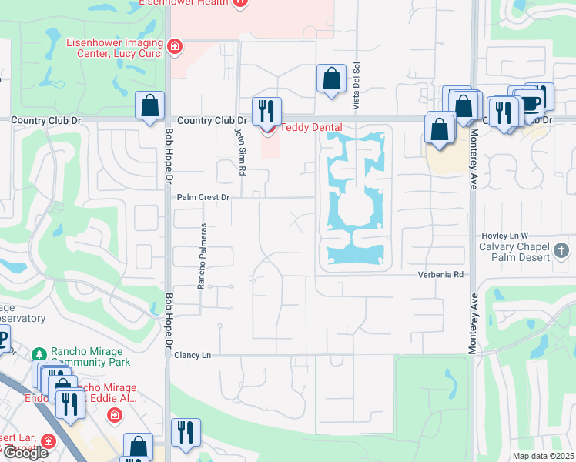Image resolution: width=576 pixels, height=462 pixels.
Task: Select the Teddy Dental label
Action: [x=310, y=127]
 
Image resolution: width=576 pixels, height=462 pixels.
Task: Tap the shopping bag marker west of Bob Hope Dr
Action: [x=149, y=105]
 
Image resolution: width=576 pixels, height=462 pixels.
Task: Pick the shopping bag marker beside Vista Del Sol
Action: [x=331, y=79]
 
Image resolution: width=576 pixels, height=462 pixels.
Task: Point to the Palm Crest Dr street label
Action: [x=203, y=197]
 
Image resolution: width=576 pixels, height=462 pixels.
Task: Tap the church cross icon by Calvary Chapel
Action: [x=561, y=250]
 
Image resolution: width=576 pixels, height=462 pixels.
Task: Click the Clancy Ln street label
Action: [x=193, y=355]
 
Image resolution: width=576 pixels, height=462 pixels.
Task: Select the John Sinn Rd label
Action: [x=239, y=150]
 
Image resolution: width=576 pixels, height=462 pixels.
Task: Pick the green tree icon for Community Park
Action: [x=40, y=353]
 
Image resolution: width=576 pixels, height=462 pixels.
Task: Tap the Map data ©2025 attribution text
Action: [x=543, y=456]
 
